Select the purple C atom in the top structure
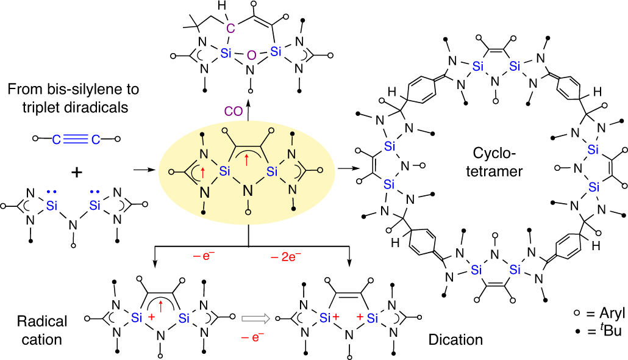click(230, 27)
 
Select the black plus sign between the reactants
click(76, 173)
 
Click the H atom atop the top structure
click(229, 9)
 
